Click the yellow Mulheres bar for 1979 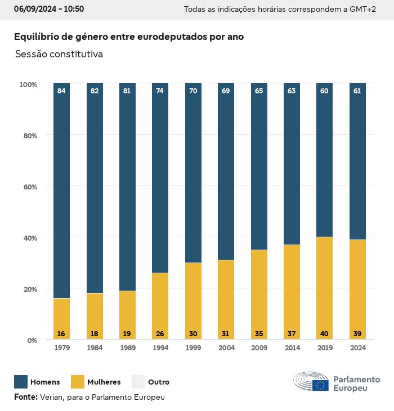(x=61, y=318)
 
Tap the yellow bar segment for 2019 (x=324, y=288)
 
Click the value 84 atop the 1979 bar (x=61, y=91)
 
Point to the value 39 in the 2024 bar (x=357, y=333)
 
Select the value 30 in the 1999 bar (x=193, y=333)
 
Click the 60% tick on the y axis (x=28, y=187)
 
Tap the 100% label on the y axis (x=28, y=84)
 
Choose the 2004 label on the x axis (x=226, y=348)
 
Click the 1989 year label (x=127, y=348)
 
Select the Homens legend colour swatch (x=21, y=382)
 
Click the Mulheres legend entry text (x=104, y=382)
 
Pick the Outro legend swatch (x=138, y=382)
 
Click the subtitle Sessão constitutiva (x=59, y=55)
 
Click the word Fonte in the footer (x=25, y=397)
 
